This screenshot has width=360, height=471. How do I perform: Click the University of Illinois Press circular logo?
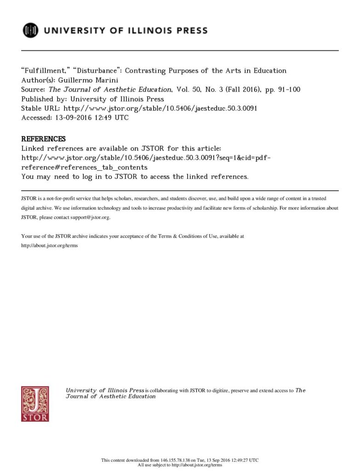pos(31,30)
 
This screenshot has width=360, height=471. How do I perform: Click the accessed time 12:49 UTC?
pos(110,117)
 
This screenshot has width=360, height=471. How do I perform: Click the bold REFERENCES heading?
pos(44,139)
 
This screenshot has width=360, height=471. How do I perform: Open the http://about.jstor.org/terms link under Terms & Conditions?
pos(50,245)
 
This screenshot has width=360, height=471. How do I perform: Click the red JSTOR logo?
pos(35,403)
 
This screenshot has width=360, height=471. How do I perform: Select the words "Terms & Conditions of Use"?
pos(187,236)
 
